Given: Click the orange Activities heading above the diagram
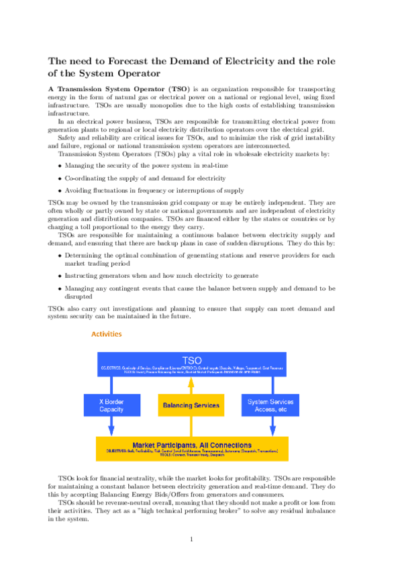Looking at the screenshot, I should coord(106,333).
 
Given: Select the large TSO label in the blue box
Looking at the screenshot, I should coord(192,360).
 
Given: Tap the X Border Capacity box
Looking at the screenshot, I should coord(111,405).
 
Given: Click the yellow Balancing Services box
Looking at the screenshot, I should coord(191,405).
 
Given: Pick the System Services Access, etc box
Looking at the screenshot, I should coord(271,405).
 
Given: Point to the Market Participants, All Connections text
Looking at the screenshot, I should coord(192,445).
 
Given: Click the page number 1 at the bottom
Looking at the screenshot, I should coord(192,538).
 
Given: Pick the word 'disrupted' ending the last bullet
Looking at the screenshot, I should coord(81,295).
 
